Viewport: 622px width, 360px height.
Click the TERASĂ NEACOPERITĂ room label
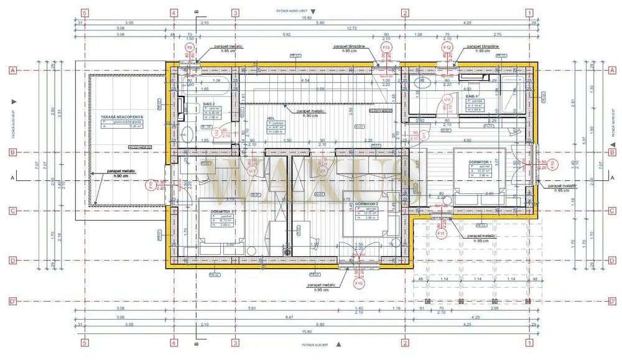tap(122, 117)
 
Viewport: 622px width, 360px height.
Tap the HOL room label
tap(271, 118)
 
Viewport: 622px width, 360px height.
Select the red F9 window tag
tap(190, 47)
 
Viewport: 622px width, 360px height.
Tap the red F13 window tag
tap(386, 47)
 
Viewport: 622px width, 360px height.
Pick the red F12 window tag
tap(446, 47)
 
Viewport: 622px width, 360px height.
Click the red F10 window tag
tap(359, 283)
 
